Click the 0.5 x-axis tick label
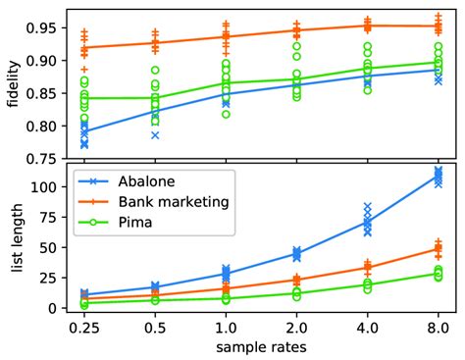pyautogui.click(x=155, y=328)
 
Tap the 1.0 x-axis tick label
pyautogui.click(x=226, y=328)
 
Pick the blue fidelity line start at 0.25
pyautogui.click(x=84, y=130)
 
